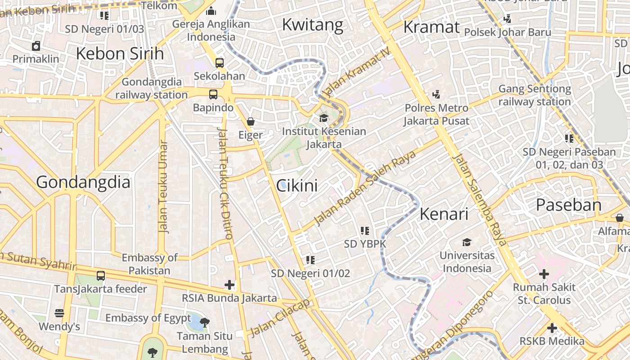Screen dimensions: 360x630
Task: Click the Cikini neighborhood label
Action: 297,185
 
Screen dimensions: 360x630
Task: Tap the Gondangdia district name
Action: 83,182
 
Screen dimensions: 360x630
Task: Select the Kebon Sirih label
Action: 120,54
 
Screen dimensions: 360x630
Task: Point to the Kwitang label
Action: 312,25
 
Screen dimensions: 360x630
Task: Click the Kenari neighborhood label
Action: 444,214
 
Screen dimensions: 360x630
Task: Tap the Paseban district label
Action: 568,205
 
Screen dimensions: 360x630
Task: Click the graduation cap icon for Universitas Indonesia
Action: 467,242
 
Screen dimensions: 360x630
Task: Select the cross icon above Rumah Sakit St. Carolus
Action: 544,274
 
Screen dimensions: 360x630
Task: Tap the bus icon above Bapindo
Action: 213,94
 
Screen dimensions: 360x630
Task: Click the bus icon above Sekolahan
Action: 220,63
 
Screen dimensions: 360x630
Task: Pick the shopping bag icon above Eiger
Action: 251,121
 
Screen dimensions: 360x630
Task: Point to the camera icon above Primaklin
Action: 36,45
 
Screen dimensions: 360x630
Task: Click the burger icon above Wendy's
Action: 59,313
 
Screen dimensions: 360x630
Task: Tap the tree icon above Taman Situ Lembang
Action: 205,322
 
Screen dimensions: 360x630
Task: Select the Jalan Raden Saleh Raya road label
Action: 359,191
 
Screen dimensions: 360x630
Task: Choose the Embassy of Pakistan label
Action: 149,264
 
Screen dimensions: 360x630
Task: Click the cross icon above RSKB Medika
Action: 552,328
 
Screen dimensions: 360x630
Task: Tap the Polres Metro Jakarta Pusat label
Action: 436,114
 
